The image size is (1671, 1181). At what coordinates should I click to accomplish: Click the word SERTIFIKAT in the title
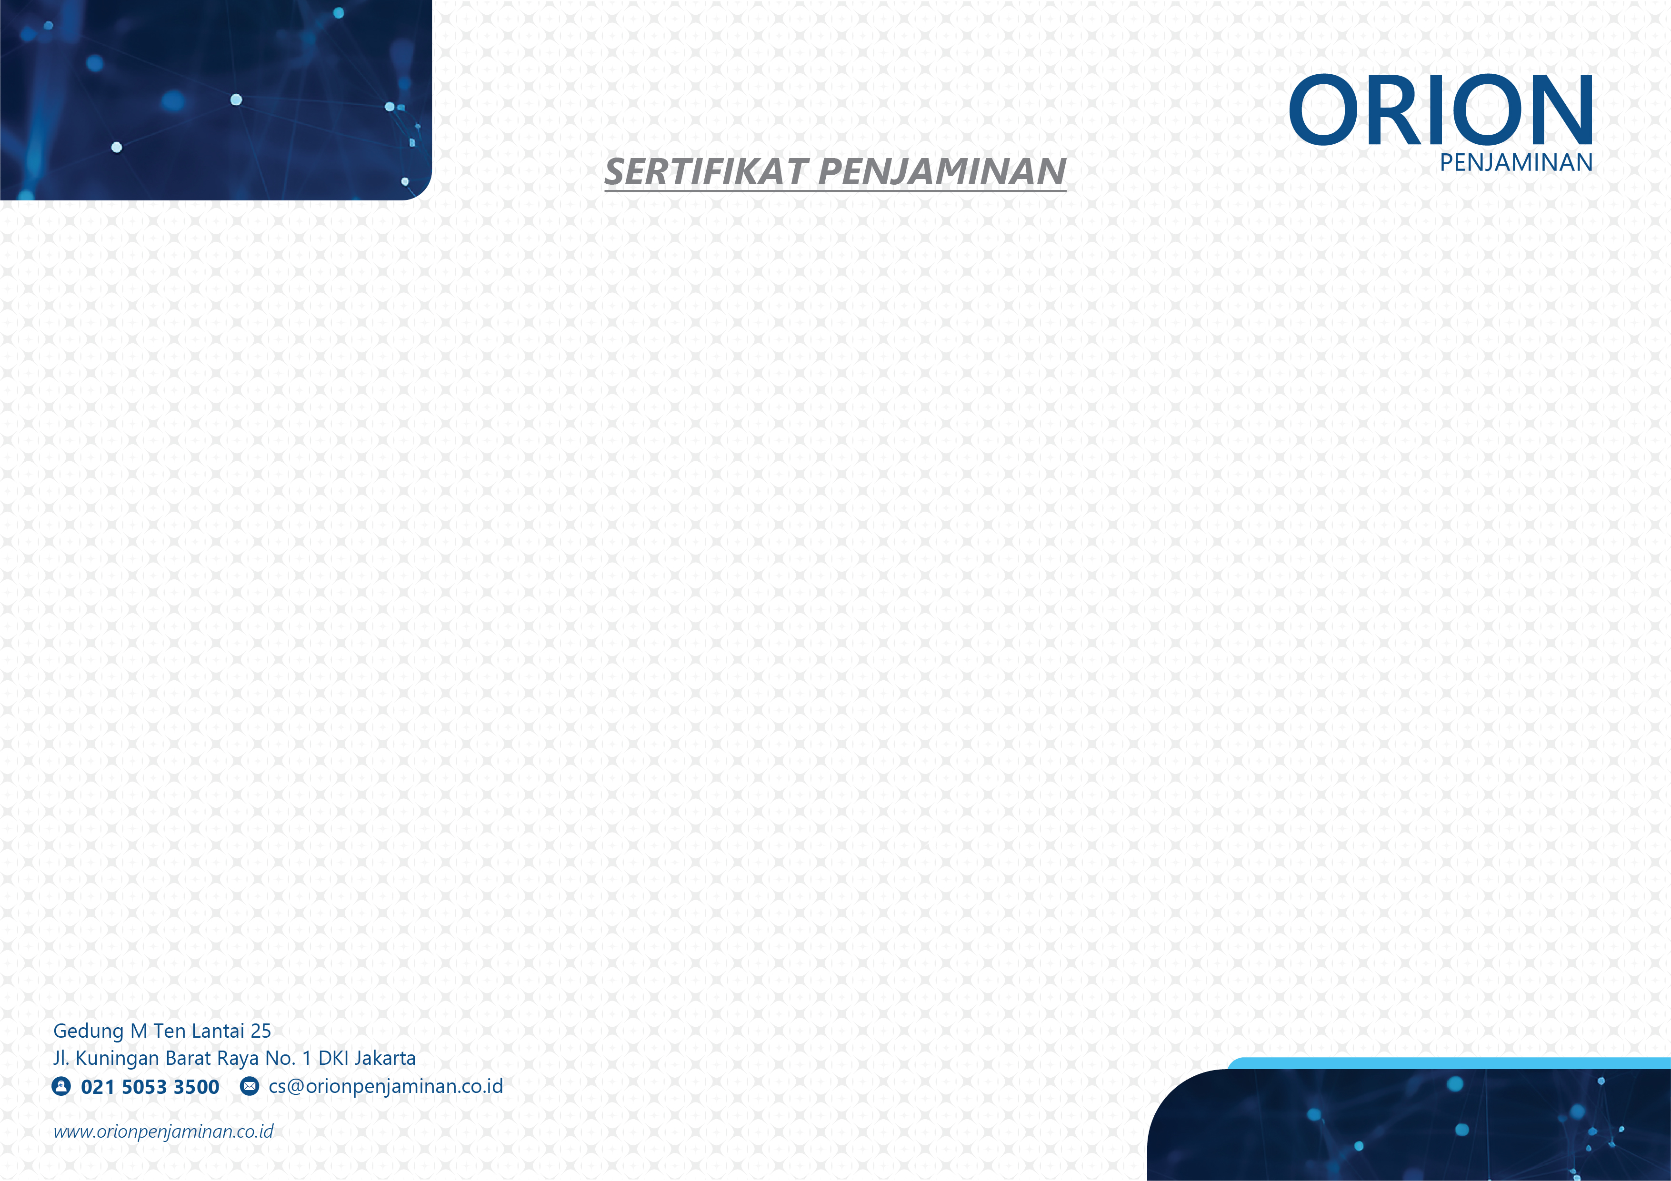click(706, 172)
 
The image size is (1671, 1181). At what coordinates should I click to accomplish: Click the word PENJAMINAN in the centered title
click(942, 172)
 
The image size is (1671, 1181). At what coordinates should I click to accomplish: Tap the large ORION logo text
click(1441, 110)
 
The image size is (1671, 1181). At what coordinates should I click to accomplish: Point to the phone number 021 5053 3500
click(150, 1087)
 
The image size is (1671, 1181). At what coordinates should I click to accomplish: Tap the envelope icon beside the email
click(250, 1086)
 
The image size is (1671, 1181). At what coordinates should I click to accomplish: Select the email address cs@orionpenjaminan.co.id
click(386, 1086)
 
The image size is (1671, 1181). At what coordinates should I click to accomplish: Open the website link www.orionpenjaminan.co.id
click(164, 1131)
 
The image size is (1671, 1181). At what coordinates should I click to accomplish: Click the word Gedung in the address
click(88, 1031)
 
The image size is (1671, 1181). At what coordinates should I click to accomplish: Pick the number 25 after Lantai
click(260, 1031)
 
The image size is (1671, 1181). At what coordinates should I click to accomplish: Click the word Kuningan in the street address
click(117, 1059)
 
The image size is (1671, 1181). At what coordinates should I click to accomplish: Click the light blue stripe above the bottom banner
click(1448, 1063)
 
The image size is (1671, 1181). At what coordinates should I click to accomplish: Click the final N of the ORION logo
click(1565, 110)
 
